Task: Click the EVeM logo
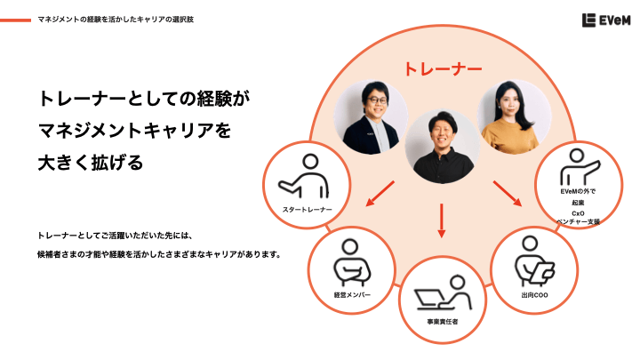(x=606, y=20)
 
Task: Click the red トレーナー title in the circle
(x=443, y=69)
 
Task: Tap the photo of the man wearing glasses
(x=371, y=117)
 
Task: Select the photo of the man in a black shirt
(x=442, y=146)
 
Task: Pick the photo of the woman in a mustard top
(x=514, y=117)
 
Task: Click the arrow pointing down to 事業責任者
(x=441, y=220)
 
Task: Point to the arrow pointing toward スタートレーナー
(x=380, y=194)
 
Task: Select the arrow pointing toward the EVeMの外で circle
(x=508, y=194)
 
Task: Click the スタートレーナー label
(x=308, y=210)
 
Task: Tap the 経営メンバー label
(x=352, y=295)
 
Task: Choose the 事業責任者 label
(x=443, y=322)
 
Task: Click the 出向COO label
(x=534, y=295)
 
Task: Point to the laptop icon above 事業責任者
(x=444, y=292)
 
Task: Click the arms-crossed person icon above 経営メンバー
(x=352, y=262)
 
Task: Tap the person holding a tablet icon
(x=534, y=261)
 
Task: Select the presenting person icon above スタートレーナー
(x=304, y=176)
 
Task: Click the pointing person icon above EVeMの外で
(x=580, y=167)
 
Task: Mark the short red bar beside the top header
(x=15, y=20)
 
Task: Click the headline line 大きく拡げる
(x=91, y=163)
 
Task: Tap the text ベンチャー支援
(x=579, y=221)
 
